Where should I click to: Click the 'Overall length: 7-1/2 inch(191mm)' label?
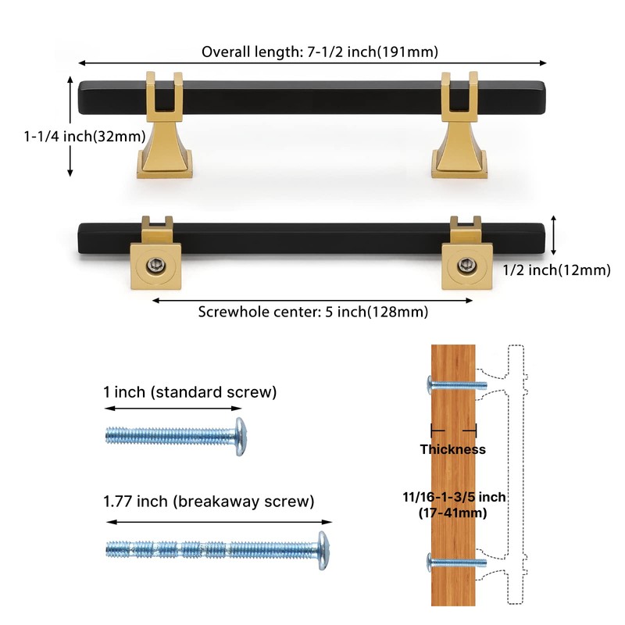point(320,52)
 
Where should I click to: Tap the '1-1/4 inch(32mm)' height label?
point(85,136)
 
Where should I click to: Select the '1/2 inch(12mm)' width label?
point(556,270)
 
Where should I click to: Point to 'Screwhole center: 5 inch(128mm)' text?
point(313,311)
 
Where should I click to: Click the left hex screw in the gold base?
point(155,265)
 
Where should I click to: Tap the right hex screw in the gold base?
point(465,265)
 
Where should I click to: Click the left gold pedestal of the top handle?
point(165,125)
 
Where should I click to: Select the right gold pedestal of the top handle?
point(459,125)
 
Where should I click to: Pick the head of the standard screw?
point(241,437)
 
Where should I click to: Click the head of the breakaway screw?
point(323,550)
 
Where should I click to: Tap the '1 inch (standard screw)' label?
point(190,392)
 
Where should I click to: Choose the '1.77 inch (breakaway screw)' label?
point(209,501)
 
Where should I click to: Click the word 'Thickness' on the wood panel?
point(453,449)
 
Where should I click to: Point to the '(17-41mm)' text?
point(453,512)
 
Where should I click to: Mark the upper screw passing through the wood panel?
point(457,385)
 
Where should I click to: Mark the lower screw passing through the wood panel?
point(457,562)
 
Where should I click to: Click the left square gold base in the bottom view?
point(155,266)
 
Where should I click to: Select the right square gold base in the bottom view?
point(466,266)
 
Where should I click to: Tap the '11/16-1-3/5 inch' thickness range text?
point(454,497)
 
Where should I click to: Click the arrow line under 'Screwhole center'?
point(312,300)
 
